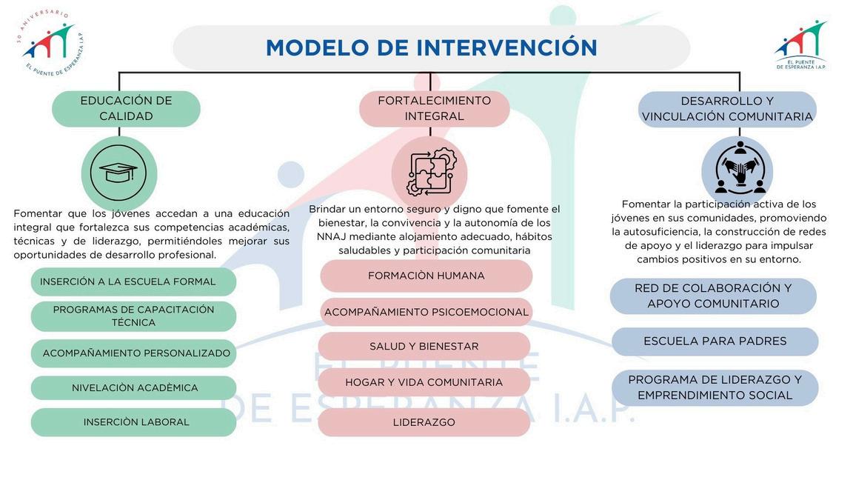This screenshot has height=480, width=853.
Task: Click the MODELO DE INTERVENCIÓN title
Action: pyautogui.click(x=431, y=48)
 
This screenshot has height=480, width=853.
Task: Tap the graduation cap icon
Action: pyautogui.click(x=118, y=173)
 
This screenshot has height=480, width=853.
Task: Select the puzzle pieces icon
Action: pyautogui.click(x=429, y=173)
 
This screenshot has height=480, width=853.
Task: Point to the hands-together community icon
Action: pyautogui.click(x=738, y=171)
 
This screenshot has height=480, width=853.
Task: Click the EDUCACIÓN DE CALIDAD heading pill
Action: pyautogui.click(x=126, y=109)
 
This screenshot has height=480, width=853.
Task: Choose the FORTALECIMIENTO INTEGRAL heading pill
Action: pyautogui.click(x=434, y=109)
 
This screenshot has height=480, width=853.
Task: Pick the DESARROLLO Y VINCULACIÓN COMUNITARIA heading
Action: pyautogui.click(x=727, y=109)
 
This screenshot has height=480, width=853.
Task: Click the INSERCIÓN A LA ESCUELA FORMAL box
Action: pyautogui.click(x=133, y=281)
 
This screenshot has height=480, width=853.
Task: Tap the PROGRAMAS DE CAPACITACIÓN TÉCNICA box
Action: pyautogui.click(x=133, y=316)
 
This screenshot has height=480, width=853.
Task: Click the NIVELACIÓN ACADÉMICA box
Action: pyautogui.click(x=133, y=388)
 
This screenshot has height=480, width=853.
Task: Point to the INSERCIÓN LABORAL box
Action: pyautogui.click(x=133, y=422)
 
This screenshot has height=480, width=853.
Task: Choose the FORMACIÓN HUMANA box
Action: pyautogui.click(x=426, y=276)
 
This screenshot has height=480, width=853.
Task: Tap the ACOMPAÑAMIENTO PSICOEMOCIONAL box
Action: pyautogui.click(x=426, y=312)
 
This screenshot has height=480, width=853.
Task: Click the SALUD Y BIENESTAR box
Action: pyautogui.click(x=424, y=346)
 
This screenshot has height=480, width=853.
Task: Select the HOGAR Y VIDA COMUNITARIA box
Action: pyautogui.click(x=424, y=382)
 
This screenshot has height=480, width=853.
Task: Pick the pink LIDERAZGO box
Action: pyautogui.click(x=424, y=422)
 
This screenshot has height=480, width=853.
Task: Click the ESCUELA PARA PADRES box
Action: pyautogui.click(x=715, y=341)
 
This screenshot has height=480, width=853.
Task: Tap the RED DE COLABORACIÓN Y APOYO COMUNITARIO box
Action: pyautogui.click(x=713, y=296)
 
